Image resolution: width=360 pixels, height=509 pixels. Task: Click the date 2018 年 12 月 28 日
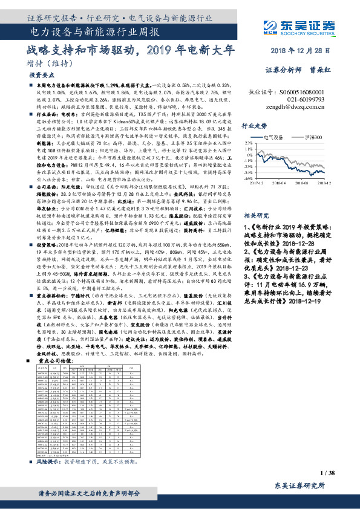301,51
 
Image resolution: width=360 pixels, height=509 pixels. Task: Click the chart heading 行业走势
254,126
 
